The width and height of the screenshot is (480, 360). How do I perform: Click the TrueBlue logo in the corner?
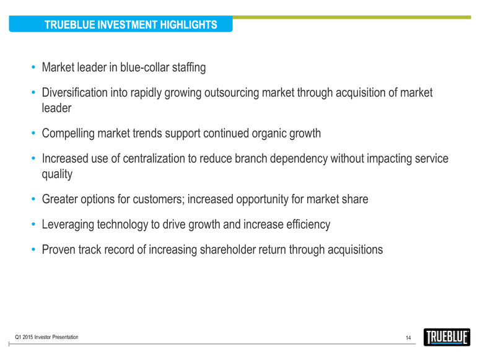click(447, 337)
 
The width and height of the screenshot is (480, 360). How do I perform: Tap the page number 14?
click(408, 338)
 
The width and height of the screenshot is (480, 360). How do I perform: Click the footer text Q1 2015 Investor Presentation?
click(46, 337)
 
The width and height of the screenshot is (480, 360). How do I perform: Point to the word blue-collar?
click(144, 68)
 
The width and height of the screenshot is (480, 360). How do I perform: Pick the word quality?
click(57, 174)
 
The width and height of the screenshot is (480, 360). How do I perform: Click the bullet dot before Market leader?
click(33, 67)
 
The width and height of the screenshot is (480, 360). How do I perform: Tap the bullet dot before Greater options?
click(33, 199)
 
